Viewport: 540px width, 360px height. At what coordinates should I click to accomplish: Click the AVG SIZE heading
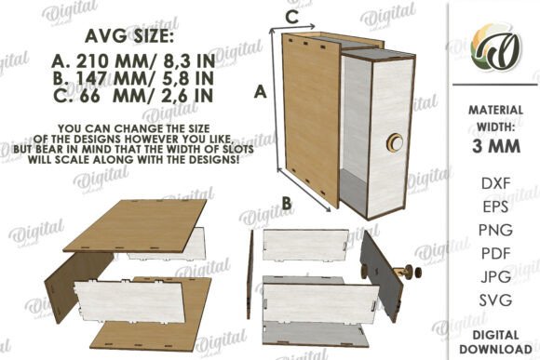(x=129, y=35)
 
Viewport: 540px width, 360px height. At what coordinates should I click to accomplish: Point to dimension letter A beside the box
(x=261, y=92)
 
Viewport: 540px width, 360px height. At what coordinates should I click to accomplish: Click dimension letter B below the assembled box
(x=287, y=203)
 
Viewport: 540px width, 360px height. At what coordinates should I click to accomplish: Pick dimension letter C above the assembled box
(x=292, y=17)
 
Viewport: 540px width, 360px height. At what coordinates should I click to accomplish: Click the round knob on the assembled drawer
(x=395, y=141)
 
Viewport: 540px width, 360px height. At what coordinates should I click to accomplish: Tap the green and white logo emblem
(x=496, y=47)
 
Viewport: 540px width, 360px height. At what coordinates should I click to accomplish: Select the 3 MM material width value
(x=496, y=147)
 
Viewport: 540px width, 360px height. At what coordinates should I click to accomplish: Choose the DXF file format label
(x=495, y=183)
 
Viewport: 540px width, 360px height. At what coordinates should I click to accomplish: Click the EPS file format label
(x=495, y=207)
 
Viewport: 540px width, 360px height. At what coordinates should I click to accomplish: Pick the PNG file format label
(x=495, y=230)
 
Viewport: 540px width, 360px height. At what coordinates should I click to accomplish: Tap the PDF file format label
(x=495, y=254)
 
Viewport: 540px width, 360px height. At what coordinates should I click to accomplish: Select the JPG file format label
(x=495, y=276)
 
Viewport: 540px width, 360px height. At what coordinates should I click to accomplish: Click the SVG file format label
(x=495, y=300)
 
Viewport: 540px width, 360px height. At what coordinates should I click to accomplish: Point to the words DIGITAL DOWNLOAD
(x=495, y=341)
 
